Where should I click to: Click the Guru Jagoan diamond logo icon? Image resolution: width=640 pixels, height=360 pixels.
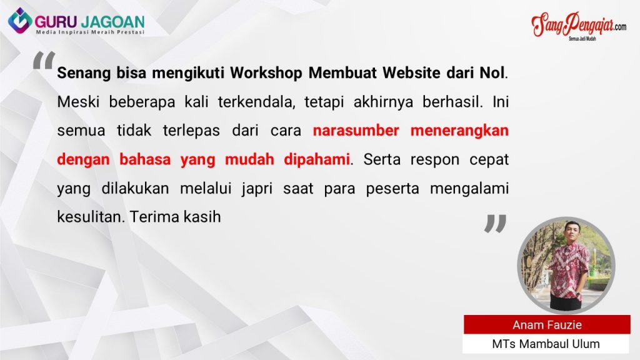[20, 21]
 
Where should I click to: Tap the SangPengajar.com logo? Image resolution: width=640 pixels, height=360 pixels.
[579, 25]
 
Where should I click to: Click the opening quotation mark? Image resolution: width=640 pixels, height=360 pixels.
[44, 60]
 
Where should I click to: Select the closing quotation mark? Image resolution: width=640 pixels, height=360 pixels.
[495, 224]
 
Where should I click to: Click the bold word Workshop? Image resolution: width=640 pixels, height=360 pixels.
[266, 73]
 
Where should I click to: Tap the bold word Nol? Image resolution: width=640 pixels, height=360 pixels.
[492, 73]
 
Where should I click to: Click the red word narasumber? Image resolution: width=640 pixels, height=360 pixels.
[356, 131]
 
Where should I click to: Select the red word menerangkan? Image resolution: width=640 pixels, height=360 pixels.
[459, 131]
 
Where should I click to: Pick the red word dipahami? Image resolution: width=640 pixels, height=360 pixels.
[317, 159]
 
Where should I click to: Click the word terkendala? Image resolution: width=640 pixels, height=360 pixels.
[256, 102]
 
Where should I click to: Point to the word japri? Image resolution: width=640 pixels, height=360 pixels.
[257, 189]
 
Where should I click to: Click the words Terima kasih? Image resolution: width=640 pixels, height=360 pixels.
[175, 217]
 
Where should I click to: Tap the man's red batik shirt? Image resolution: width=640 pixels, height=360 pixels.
[569, 269]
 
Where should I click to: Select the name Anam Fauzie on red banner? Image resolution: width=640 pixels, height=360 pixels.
[547, 325]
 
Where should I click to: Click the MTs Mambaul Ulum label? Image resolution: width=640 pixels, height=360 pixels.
[546, 344]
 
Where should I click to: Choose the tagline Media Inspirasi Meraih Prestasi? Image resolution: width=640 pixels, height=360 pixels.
[90, 32]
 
